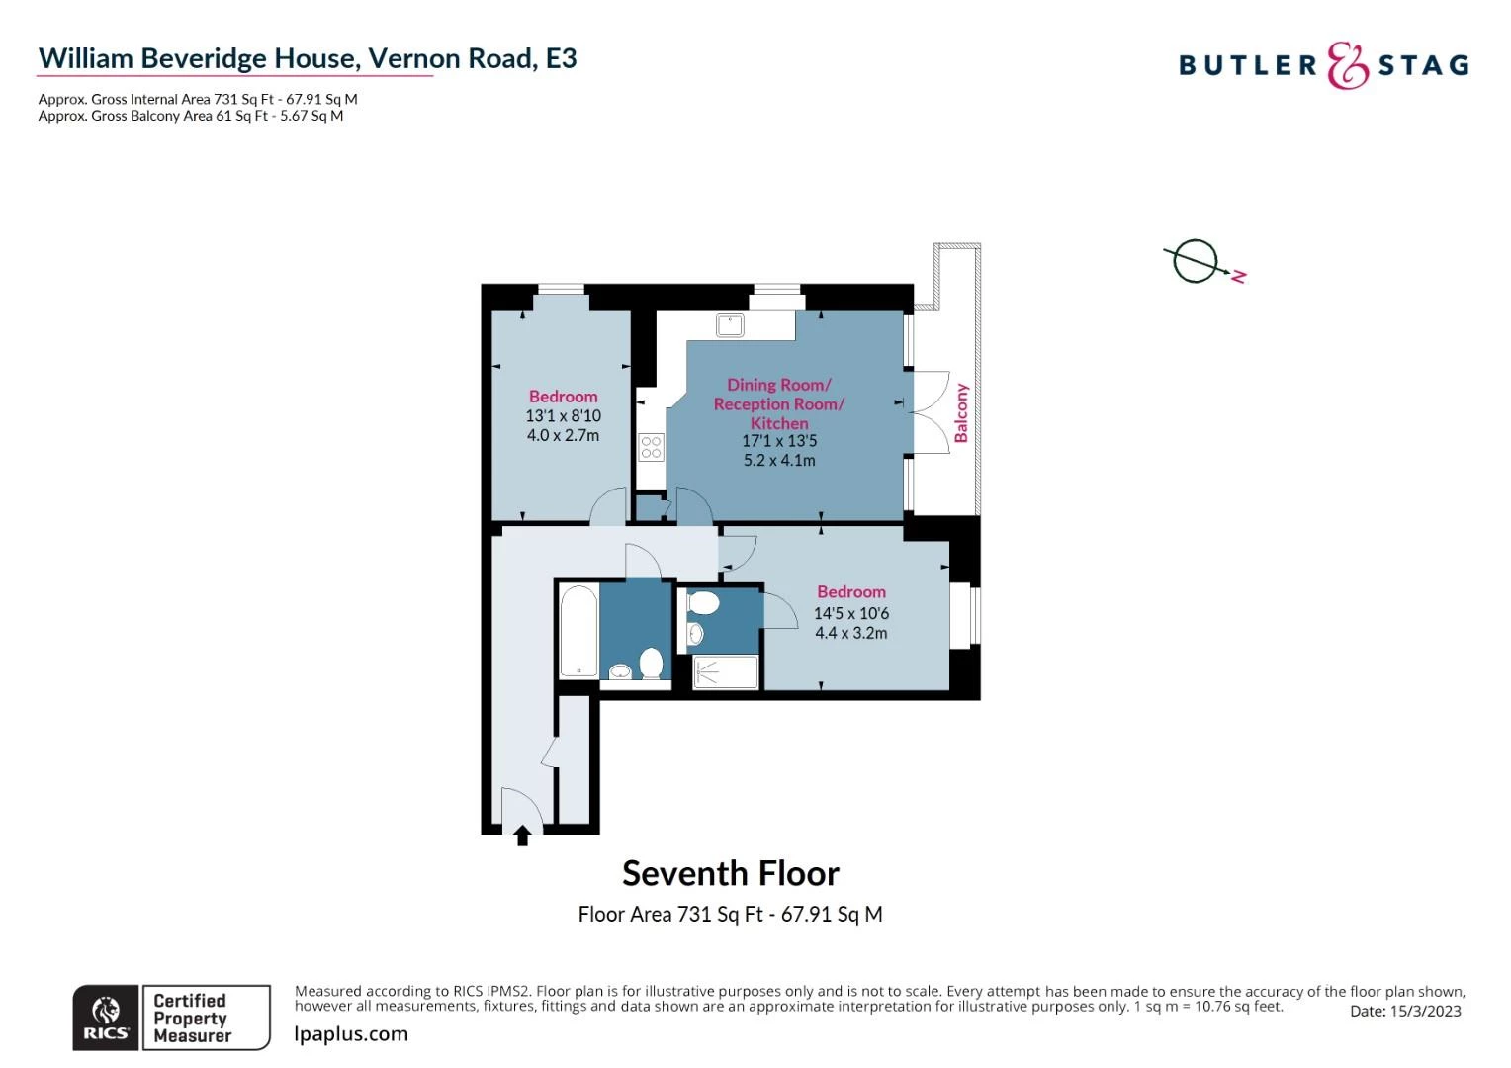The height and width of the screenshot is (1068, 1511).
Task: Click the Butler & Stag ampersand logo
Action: [x=1347, y=65]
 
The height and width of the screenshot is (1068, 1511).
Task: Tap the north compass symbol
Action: [x=1203, y=262]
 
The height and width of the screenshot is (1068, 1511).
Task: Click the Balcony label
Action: [x=961, y=413]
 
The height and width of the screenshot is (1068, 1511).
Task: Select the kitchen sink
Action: [x=730, y=325]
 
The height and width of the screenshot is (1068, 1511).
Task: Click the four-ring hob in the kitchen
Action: [x=651, y=447]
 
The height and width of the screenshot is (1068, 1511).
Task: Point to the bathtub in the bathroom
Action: [x=578, y=631]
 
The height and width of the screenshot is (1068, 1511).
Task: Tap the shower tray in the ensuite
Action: [x=725, y=672]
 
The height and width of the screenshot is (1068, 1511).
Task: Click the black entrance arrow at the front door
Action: [x=522, y=836]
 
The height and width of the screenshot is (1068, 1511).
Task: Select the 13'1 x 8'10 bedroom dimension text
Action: [x=564, y=415]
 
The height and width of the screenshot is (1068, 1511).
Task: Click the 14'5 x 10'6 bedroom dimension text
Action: [x=851, y=613]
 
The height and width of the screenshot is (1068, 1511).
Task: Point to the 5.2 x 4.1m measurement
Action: [x=779, y=460]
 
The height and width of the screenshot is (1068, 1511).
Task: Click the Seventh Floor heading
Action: [x=731, y=874]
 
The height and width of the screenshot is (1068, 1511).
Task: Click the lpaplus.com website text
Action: [x=351, y=1034]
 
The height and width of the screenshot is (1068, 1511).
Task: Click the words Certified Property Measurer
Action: [x=192, y=1019]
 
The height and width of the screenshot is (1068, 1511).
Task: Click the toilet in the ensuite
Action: [x=702, y=602]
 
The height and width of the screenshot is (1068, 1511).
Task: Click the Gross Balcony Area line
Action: [x=191, y=116]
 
